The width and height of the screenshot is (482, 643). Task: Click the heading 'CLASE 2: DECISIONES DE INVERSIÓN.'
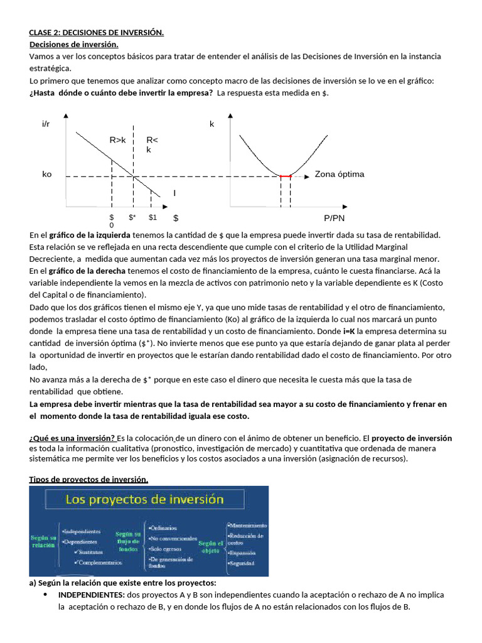click(97, 33)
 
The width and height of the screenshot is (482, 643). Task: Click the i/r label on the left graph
click(46, 124)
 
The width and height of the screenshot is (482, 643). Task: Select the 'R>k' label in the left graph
click(117, 140)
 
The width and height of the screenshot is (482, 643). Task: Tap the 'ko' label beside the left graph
click(47, 174)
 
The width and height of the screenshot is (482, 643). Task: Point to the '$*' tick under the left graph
click(132, 217)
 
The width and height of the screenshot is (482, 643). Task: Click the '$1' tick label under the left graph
click(153, 217)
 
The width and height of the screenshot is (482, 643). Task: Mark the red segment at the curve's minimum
click(286, 177)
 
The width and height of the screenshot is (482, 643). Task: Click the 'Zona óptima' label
click(339, 174)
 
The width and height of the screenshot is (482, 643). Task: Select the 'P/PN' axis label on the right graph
click(335, 218)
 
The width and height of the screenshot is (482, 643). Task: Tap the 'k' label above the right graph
click(212, 124)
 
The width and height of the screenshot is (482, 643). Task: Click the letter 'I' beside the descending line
click(174, 193)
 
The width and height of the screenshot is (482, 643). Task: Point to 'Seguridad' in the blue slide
click(242, 563)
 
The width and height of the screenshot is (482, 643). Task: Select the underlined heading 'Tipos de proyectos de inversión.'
click(89, 480)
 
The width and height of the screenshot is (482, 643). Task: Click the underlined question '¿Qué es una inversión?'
click(72, 438)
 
